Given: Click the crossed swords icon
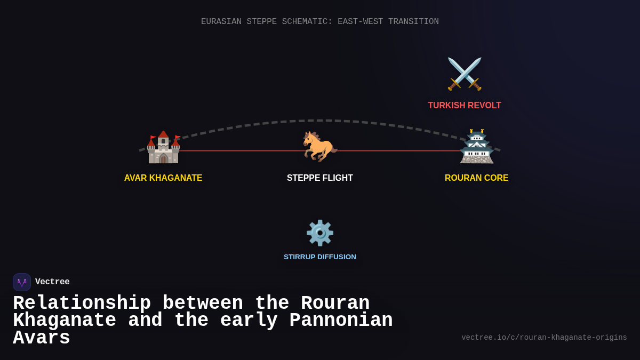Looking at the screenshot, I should pyautogui.click(x=465, y=74).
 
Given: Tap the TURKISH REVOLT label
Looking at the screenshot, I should pyautogui.click(x=464, y=106).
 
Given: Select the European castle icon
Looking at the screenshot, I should pyautogui.click(x=163, y=147).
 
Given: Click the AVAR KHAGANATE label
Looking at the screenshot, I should pyautogui.click(x=163, y=178).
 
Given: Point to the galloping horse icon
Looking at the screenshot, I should pyautogui.click(x=319, y=146).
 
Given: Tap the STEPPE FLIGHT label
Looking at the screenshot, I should pyautogui.click(x=320, y=178).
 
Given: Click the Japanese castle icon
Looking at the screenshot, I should pyautogui.click(x=476, y=147).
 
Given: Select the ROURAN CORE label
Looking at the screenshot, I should pyautogui.click(x=476, y=178).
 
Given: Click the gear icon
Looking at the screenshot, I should pyautogui.click(x=320, y=233).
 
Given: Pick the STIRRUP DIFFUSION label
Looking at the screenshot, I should pyautogui.click(x=320, y=257).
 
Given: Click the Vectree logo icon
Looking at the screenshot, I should pyautogui.click(x=22, y=282).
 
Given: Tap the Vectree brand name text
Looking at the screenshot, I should pyautogui.click(x=52, y=282).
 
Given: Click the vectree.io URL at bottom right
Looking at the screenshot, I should pyautogui.click(x=544, y=338).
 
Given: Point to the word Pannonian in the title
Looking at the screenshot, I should pyautogui.click(x=341, y=321).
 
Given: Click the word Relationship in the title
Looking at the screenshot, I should pyautogui.click(x=82, y=303).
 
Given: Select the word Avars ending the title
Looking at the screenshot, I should pyautogui.click(x=42, y=338).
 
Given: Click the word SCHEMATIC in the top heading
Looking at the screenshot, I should pyautogui.click(x=307, y=22).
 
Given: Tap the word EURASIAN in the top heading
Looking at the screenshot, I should pyautogui.click(x=221, y=22).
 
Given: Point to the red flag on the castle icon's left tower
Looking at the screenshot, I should pyautogui.click(x=153, y=138).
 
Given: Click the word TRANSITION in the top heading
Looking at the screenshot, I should pyautogui.click(x=413, y=22).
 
